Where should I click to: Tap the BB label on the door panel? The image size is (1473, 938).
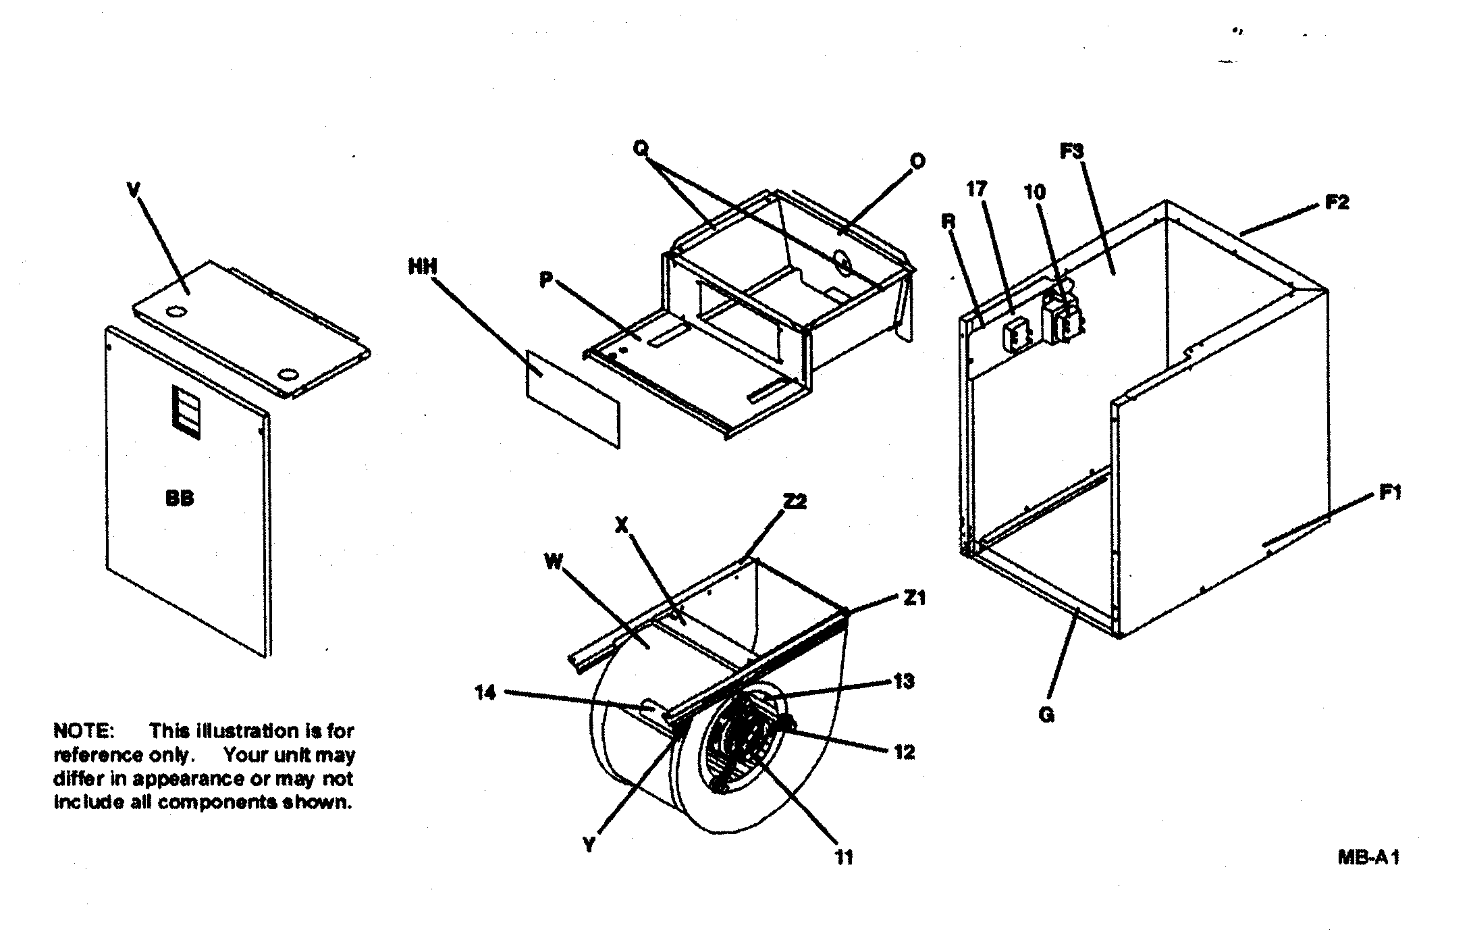click(x=180, y=498)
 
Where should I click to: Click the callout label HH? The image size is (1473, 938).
click(x=423, y=267)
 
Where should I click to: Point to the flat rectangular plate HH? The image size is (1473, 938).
click(x=572, y=399)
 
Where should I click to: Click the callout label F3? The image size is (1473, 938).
click(x=1071, y=152)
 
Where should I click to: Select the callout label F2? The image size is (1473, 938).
click(x=1337, y=202)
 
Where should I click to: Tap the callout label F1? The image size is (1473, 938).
click(x=1389, y=494)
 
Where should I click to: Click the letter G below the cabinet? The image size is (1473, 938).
click(x=1046, y=715)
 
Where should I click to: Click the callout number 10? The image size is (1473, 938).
click(x=1034, y=192)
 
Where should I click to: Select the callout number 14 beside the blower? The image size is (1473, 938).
click(x=485, y=692)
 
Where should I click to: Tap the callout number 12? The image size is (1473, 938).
click(x=904, y=752)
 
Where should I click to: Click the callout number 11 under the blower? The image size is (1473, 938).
click(x=844, y=857)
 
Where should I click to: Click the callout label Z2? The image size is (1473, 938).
click(x=795, y=502)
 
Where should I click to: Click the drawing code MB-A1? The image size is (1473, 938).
click(x=1368, y=858)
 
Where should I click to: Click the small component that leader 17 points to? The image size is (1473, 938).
click(x=1014, y=336)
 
